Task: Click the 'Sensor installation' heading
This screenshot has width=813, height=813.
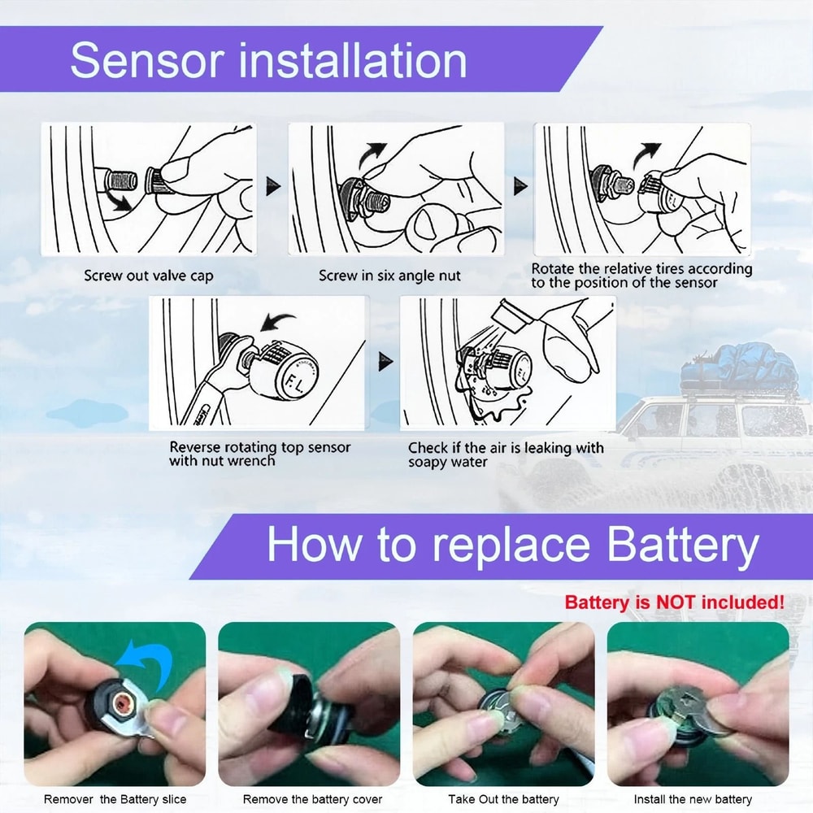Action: tap(268, 61)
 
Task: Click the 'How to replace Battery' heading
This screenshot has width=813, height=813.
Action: tap(512, 545)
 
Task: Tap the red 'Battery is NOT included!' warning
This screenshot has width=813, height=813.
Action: tap(674, 602)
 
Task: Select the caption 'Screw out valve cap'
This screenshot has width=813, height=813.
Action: tap(149, 276)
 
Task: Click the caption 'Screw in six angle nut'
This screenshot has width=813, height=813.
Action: tap(389, 276)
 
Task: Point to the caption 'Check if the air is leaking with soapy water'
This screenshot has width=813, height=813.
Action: tap(506, 454)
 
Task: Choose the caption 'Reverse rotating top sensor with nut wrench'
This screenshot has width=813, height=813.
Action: tap(260, 454)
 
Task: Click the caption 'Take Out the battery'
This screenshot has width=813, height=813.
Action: tap(503, 799)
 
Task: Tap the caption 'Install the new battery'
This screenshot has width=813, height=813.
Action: tap(693, 799)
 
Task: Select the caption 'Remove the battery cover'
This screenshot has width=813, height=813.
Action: tap(312, 799)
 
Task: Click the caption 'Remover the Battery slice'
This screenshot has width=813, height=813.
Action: tap(115, 799)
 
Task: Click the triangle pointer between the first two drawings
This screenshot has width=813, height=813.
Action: tap(274, 187)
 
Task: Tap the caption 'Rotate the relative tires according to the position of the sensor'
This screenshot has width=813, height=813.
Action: tap(642, 276)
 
